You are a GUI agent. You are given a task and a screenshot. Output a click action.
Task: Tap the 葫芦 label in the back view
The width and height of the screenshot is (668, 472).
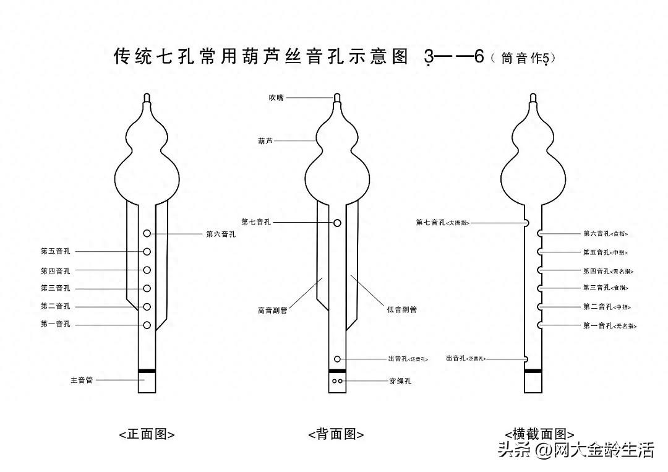click(x=265, y=141)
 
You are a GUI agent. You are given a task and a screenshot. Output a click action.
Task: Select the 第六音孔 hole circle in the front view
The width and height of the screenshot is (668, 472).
click(x=147, y=233)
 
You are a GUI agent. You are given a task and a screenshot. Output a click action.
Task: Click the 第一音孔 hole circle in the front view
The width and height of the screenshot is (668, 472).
click(x=147, y=325)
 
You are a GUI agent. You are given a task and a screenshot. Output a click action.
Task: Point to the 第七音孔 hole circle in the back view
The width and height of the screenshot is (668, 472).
click(x=338, y=222)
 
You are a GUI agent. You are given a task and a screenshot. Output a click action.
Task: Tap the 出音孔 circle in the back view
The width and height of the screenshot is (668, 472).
click(x=338, y=359)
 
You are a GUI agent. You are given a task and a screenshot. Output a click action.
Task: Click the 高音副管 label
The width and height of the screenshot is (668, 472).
click(x=273, y=310)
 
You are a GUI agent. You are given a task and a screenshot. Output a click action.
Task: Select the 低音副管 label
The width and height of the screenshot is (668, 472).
click(x=401, y=309)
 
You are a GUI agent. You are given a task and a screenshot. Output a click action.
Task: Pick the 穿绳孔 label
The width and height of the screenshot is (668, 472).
click(x=400, y=381)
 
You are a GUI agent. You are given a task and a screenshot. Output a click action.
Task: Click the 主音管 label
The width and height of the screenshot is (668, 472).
click(x=82, y=380)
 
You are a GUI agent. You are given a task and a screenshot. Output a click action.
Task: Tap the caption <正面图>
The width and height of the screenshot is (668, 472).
click(x=147, y=434)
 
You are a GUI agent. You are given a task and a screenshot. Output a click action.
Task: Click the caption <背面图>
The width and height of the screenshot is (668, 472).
click(x=336, y=434)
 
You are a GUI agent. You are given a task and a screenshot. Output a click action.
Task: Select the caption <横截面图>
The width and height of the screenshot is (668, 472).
click(x=539, y=434)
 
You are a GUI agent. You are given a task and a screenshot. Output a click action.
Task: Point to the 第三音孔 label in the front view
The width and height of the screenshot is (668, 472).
click(x=56, y=288)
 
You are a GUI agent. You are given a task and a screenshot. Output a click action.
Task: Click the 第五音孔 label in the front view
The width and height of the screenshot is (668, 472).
click(x=56, y=251)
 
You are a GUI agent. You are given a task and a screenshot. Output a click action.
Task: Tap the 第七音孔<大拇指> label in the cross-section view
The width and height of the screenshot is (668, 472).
click(x=443, y=222)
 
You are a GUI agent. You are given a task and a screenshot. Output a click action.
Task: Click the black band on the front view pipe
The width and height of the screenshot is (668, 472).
click(x=147, y=371)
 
